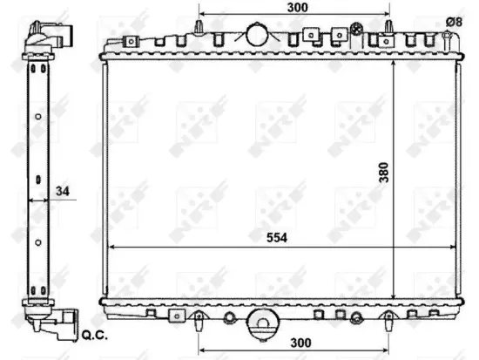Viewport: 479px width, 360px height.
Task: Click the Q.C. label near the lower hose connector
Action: pyautogui.click(x=93, y=333)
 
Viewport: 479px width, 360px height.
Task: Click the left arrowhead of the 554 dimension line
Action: pyautogui.click(x=109, y=248)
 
